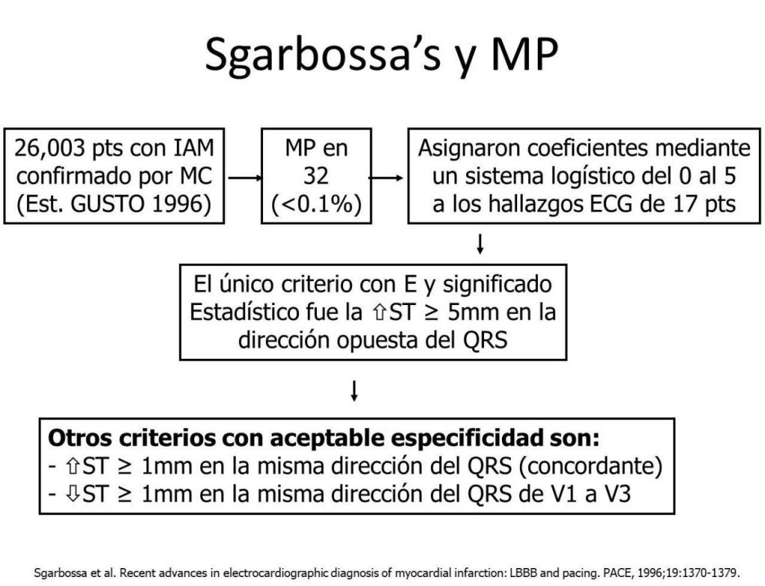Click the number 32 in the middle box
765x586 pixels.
[x=316, y=176]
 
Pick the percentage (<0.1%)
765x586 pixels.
[x=316, y=204]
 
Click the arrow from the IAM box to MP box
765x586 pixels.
[x=244, y=178]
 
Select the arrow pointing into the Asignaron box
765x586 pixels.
[x=386, y=178]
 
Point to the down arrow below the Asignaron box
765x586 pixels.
[x=480, y=244]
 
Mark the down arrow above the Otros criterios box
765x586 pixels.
[x=355, y=391]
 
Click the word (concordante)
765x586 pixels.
[x=590, y=466]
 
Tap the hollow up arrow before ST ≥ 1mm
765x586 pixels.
[x=72, y=467]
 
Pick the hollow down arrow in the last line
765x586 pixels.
[x=72, y=494]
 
